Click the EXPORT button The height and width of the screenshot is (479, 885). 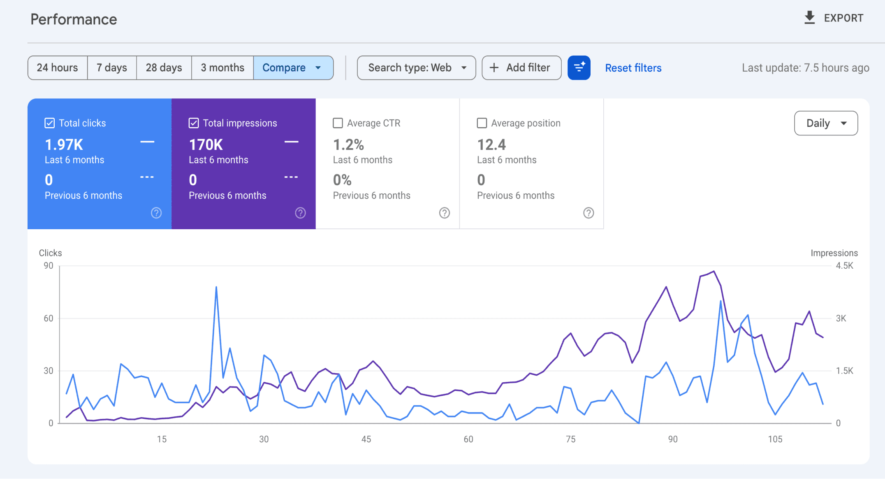[x=834, y=18]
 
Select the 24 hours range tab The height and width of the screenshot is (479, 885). [x=57, y=68]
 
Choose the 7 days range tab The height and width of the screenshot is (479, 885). [x=112, y=68]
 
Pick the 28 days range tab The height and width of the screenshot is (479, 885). [x=164, y=68]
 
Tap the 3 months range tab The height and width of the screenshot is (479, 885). [x=222, y=68]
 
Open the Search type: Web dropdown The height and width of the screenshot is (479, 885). [x=416, y=68]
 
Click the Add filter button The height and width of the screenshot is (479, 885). [x=521, y=68]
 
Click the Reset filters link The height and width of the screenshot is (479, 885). [x=633, y=68]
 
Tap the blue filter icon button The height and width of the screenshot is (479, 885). [x=579, y=68]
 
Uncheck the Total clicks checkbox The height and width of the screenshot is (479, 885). [x=50, y=123]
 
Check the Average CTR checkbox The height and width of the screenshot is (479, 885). [x=338, y=123]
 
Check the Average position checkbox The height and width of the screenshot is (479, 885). [x=482, y=123]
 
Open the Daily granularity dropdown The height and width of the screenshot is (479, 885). [x=826, y=123]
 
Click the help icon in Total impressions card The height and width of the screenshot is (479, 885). [x=300, y=213]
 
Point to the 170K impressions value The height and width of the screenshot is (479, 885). [x=206, y=145]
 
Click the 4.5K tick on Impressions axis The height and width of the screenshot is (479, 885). [x=844, y=266]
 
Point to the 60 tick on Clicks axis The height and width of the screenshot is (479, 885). [x=49, y=318]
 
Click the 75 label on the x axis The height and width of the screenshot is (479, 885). [x=570, y=439]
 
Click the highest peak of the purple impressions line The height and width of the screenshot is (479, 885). [x=714, y=271]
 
